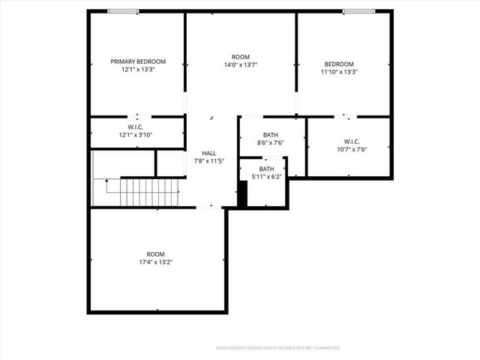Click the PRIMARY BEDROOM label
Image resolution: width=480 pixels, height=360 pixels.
tap(138, 61)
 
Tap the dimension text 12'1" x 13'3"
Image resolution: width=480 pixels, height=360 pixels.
tap(138, 70)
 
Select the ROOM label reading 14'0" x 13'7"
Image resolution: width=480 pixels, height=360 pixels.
tap(240, 58)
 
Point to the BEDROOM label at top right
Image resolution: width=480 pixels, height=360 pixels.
tap(339, 64)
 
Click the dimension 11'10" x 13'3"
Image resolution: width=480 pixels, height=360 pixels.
tap(339, 73)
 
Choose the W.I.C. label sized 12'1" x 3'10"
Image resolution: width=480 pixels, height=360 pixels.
tap(135, 127)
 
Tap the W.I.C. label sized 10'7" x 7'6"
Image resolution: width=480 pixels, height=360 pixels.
tap(352, 141)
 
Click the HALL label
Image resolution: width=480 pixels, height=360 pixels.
tap(209, 153)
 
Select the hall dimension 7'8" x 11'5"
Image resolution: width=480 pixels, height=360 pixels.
tap(209, 161)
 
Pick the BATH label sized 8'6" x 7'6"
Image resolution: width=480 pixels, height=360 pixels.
tap(270, 135)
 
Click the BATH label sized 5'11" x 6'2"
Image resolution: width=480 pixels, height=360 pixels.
tap(267, 169)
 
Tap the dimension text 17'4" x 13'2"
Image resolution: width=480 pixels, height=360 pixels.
tap(156, 262)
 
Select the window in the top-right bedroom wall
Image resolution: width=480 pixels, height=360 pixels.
tap(358, 11)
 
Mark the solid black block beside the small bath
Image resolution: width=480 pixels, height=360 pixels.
tap(242, 193)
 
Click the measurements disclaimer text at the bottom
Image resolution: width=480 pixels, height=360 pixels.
tap(278, 348)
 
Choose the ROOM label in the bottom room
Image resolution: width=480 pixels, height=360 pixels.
tap(156, 253)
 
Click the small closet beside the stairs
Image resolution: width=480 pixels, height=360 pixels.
tap(170, 163)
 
